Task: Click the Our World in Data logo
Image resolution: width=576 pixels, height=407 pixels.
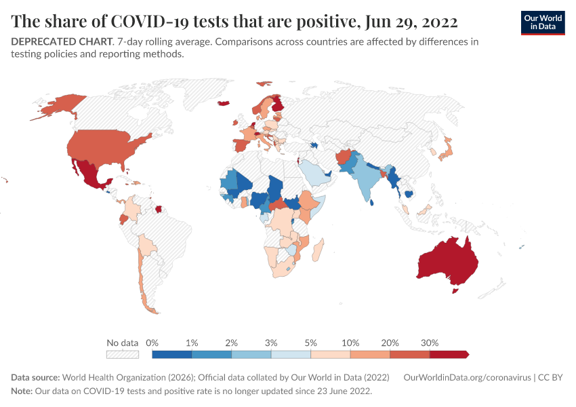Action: (542, 22)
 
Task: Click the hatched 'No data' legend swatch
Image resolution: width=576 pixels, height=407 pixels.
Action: (123, 354)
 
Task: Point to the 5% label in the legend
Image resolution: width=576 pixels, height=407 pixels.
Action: (310, 343)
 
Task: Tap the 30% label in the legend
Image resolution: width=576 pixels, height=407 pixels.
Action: (430, 343)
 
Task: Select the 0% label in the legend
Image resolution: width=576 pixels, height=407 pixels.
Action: (152, 343)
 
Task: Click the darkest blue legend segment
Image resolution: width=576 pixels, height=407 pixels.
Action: (172, 354)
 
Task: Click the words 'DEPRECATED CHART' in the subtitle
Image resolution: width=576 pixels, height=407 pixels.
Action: (61, 41)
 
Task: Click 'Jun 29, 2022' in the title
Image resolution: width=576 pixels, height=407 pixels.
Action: (410, 21)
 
